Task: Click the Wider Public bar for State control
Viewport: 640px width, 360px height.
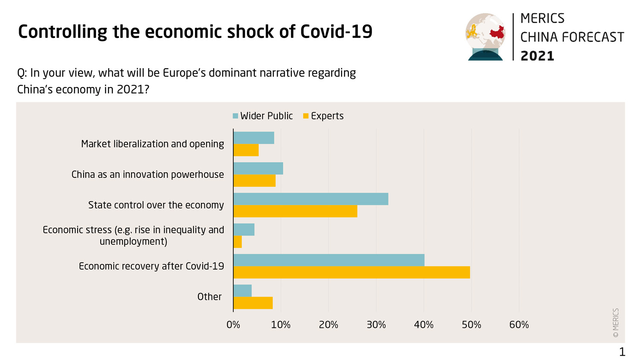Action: pyautogui.click(x=311, y=199)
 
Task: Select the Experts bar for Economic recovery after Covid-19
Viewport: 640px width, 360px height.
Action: pyautogui.click(x=352, y=273)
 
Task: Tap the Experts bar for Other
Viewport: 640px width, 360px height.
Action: pyautogui.click(x=253, y=303)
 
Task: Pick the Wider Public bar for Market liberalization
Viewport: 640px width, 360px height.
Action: pyautogui.click(x=254, y=138)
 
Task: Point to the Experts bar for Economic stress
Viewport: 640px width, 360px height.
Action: pyautogui.click(x=238, y=242)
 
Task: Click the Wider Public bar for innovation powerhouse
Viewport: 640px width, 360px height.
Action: pyautogui.click(x=258, y=168)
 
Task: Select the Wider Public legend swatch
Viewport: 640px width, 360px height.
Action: pyautogui.click(x=236, y=116)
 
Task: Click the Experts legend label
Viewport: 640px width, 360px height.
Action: pyautogui.click(x=327, y=116)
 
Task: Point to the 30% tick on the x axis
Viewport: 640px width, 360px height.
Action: pyautogui.click(x=376, y=325)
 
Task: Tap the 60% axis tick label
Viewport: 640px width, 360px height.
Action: pyautogui.click(x=519, y=325)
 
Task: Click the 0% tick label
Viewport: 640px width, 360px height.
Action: pyautogui.click(x=233, y=325)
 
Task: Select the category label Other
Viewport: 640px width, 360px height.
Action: pyautogui.click(x=209, y=297)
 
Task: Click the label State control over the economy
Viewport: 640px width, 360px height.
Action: pyautogui.click(x=156, y=205)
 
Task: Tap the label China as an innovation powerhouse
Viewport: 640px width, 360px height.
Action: pyautogui.click(x=148, y=174)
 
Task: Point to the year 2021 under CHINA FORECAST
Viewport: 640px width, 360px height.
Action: pyautogui.click(x=537, y=56)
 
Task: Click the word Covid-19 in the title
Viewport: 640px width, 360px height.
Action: pyautogui.click(x=336, y=32)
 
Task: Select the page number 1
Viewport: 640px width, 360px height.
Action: pyautogui.click(x=622, y=352)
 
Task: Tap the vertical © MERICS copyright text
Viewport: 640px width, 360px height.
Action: pyautogui.click(x=616, y=323)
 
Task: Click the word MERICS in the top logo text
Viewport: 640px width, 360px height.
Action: pyautogui.click(x=542, y=18)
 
